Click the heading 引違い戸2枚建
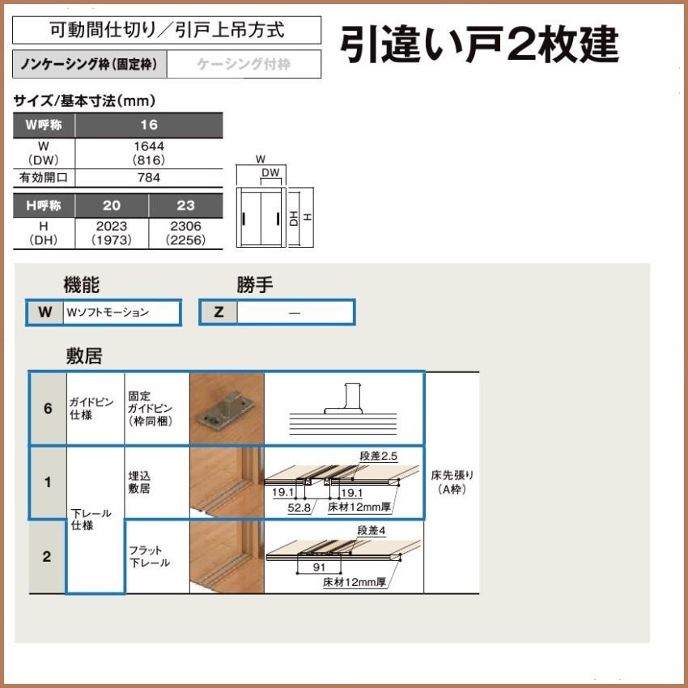(479, 45)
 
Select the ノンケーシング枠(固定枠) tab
(91, 63)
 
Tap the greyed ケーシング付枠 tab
(244, 63)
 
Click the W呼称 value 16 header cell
(148, 125)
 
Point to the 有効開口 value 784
(148, 177)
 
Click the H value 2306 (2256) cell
(185, 233)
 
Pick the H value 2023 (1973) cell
(112, 233)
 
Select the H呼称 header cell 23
(185, 205)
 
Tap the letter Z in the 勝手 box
(219, 312)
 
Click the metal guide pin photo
(226, 408)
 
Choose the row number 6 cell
(48, 409)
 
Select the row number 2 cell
(47, 557)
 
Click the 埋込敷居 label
(139, 483)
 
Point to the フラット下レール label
(149, 557)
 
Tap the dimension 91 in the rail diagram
(318, 567)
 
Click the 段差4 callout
(372, 531)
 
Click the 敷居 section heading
(83, 355)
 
